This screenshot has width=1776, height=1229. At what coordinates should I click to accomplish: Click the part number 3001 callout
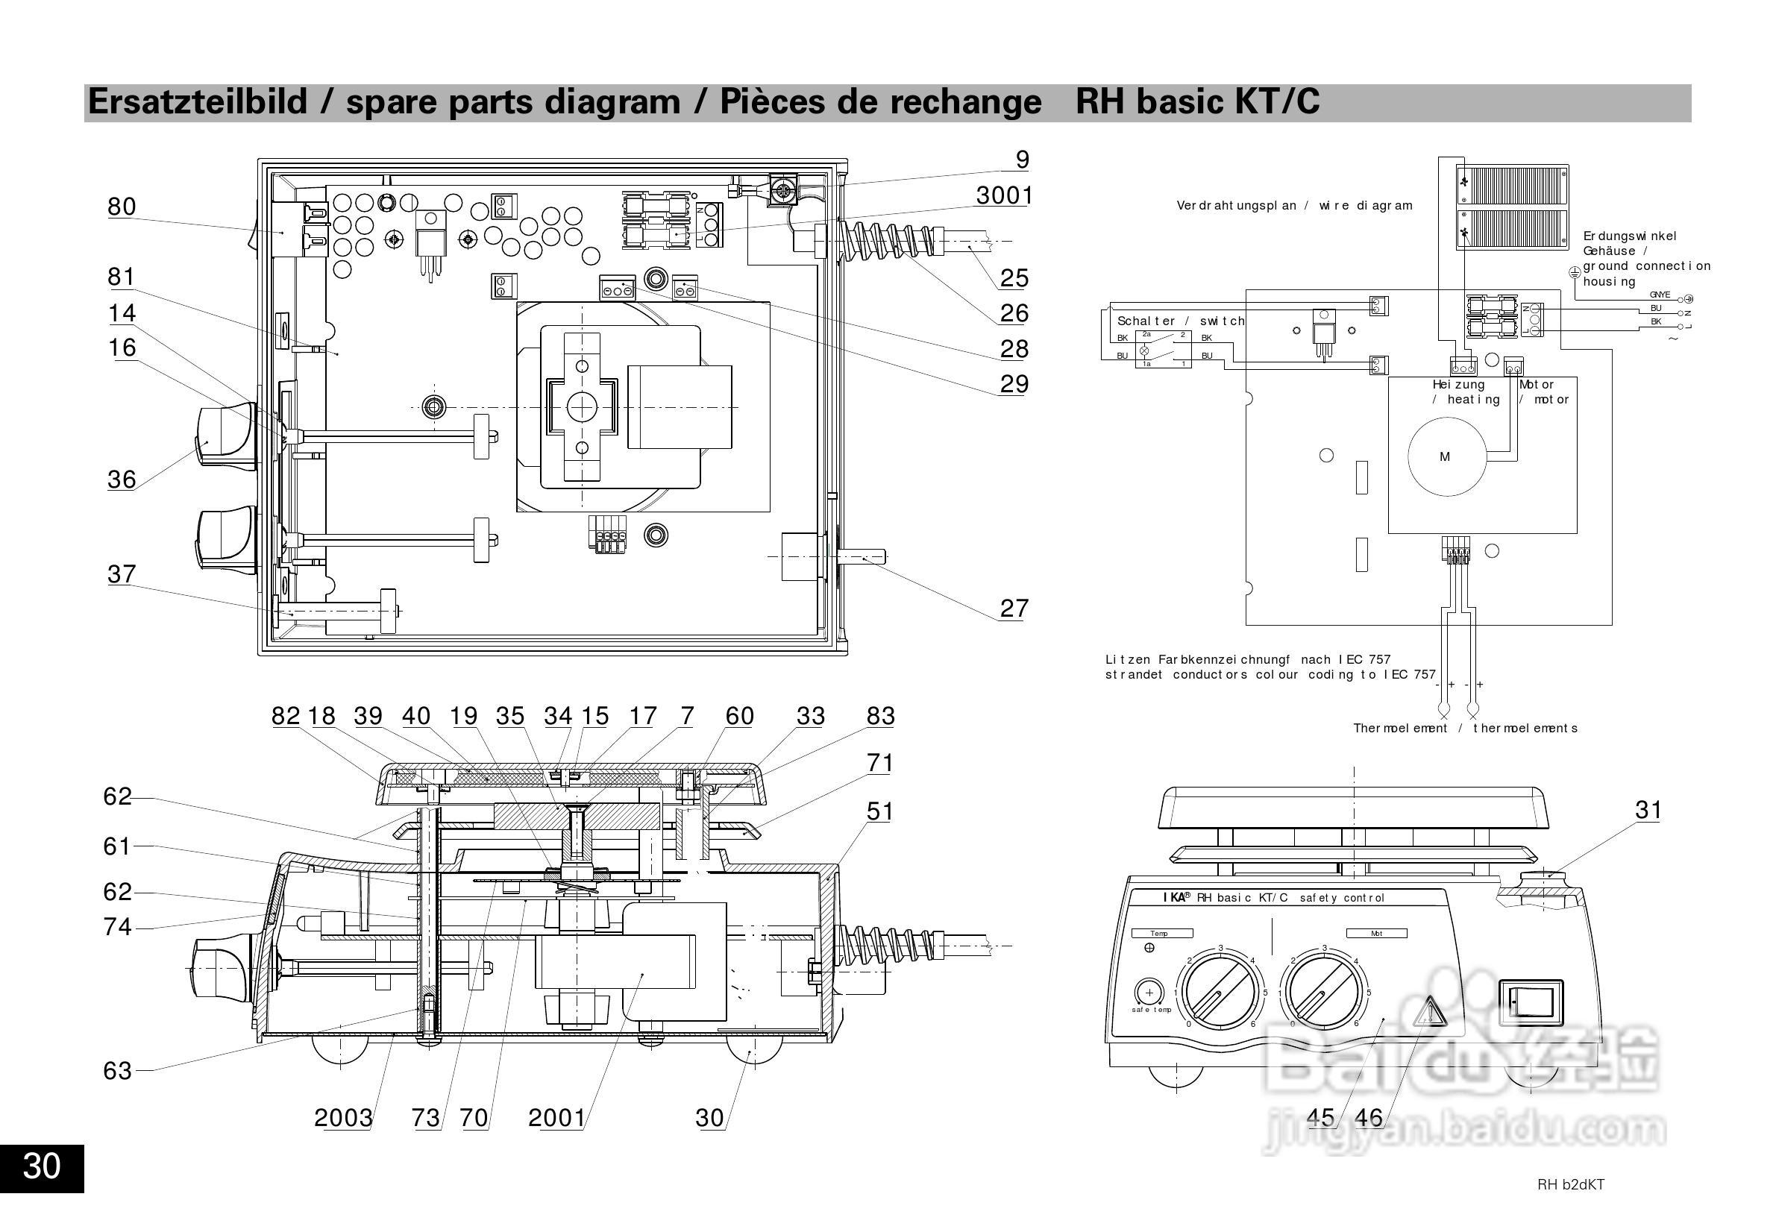point(1003,195)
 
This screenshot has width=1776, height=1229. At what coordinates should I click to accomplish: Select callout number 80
point(122,207)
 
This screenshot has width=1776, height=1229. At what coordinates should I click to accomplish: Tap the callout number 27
point(1014,609)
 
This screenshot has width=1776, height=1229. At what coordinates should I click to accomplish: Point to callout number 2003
point(342,1117)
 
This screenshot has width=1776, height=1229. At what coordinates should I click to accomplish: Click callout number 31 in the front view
point(1648,809)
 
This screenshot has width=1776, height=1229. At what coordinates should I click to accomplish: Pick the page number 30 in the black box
point(42,1166)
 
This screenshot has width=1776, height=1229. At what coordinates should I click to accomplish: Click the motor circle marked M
point(1445,456)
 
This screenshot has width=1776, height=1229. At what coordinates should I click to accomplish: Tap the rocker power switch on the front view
point(1531,1002)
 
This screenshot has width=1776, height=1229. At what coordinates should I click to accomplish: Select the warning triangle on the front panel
point(1428,1012)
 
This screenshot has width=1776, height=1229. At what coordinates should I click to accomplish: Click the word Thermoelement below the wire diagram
point(1400,729)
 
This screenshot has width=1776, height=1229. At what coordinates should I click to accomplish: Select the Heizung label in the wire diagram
point(1458,384)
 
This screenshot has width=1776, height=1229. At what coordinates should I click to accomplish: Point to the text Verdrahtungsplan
point(1236,206)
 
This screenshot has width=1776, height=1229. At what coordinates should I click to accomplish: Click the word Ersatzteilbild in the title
point(197,101)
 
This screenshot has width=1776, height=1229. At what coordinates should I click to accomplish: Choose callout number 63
point(118,1070)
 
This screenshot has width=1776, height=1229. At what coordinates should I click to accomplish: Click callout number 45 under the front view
point(1321,1117)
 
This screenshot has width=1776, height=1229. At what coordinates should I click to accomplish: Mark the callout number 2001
point(556,1117)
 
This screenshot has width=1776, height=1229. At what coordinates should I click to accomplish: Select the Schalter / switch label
point(1180,321)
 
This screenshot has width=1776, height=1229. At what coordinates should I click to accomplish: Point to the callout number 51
point(879,811)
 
